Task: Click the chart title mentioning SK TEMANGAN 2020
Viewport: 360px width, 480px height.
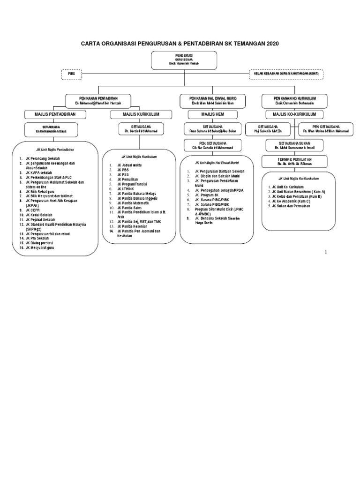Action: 180,44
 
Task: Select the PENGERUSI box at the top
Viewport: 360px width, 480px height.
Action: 184,60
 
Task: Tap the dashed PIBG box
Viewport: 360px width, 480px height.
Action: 72,74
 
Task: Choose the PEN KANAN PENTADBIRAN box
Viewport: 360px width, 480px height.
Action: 98,101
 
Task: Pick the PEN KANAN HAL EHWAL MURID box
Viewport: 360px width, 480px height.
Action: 213,101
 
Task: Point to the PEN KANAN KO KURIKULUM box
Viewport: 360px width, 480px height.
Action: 295,101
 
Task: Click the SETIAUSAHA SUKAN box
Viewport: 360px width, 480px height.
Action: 294,145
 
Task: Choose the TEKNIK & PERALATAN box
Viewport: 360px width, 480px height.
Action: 294,161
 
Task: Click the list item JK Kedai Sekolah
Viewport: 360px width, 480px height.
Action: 40,215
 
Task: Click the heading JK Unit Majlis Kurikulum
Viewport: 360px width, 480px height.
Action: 139,156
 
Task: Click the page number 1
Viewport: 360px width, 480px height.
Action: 326,253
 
